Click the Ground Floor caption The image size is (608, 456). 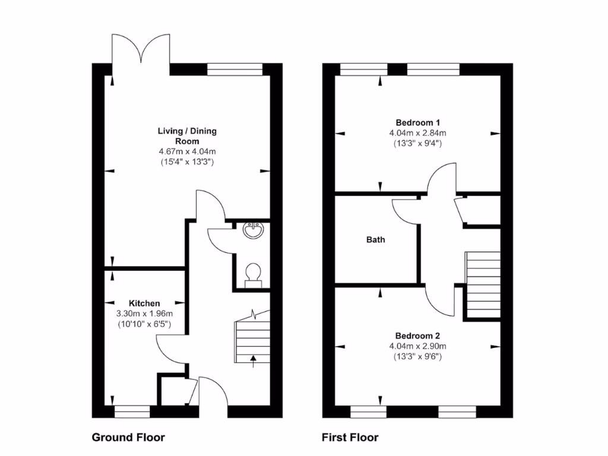click(128, 438)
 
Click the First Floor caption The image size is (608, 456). click(350, 438)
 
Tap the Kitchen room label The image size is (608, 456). click(144, 303)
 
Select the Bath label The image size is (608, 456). click(375, 240)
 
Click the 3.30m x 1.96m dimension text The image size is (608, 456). click(145, 313)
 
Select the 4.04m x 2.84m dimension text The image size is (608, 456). click(417, 133)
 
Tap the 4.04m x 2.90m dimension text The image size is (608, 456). click(417, 346)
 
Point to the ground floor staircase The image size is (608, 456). click(252, 338)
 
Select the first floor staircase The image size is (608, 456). click(482, 285)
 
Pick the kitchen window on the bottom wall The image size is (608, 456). click(132, 409)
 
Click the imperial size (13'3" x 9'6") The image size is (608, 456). click(417, 356)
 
